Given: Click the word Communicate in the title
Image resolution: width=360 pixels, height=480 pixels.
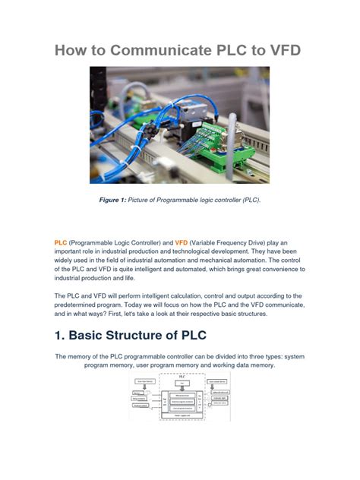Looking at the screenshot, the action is (x=155, y=50).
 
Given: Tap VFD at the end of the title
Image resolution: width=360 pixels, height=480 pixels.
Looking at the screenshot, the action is (x=279, y=50).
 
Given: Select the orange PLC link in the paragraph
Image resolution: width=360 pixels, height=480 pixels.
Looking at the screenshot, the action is (x=61, y=242).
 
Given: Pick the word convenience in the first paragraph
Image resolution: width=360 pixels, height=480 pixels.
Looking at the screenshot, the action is (x=257, y=269).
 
